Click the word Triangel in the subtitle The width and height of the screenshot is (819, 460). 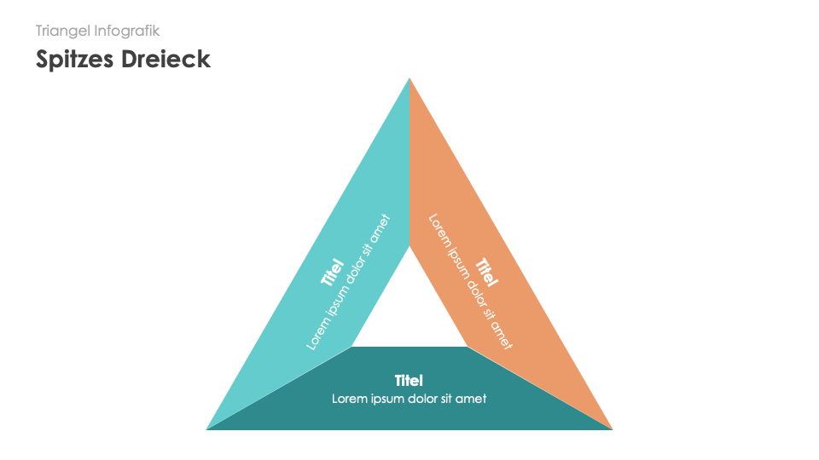coord(63,31)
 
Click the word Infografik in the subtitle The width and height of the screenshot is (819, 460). coord(127,31)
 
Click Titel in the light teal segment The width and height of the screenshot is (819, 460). coord(332,272)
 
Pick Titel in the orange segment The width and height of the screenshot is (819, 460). coord(486,272)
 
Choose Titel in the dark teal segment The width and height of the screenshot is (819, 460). coord(409,380)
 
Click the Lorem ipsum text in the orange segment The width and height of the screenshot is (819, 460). coord(470,281)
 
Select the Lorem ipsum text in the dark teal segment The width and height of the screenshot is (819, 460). coord(409,398)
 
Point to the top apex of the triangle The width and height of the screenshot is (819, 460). coord(409,79)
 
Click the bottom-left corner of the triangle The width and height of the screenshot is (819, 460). coord(208,428)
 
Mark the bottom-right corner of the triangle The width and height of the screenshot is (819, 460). coord(611,428)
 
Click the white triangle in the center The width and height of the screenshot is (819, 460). coord(409,315)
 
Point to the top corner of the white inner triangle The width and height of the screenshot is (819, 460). coord(409,247)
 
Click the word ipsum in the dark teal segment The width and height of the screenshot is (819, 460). coord(385,398)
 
